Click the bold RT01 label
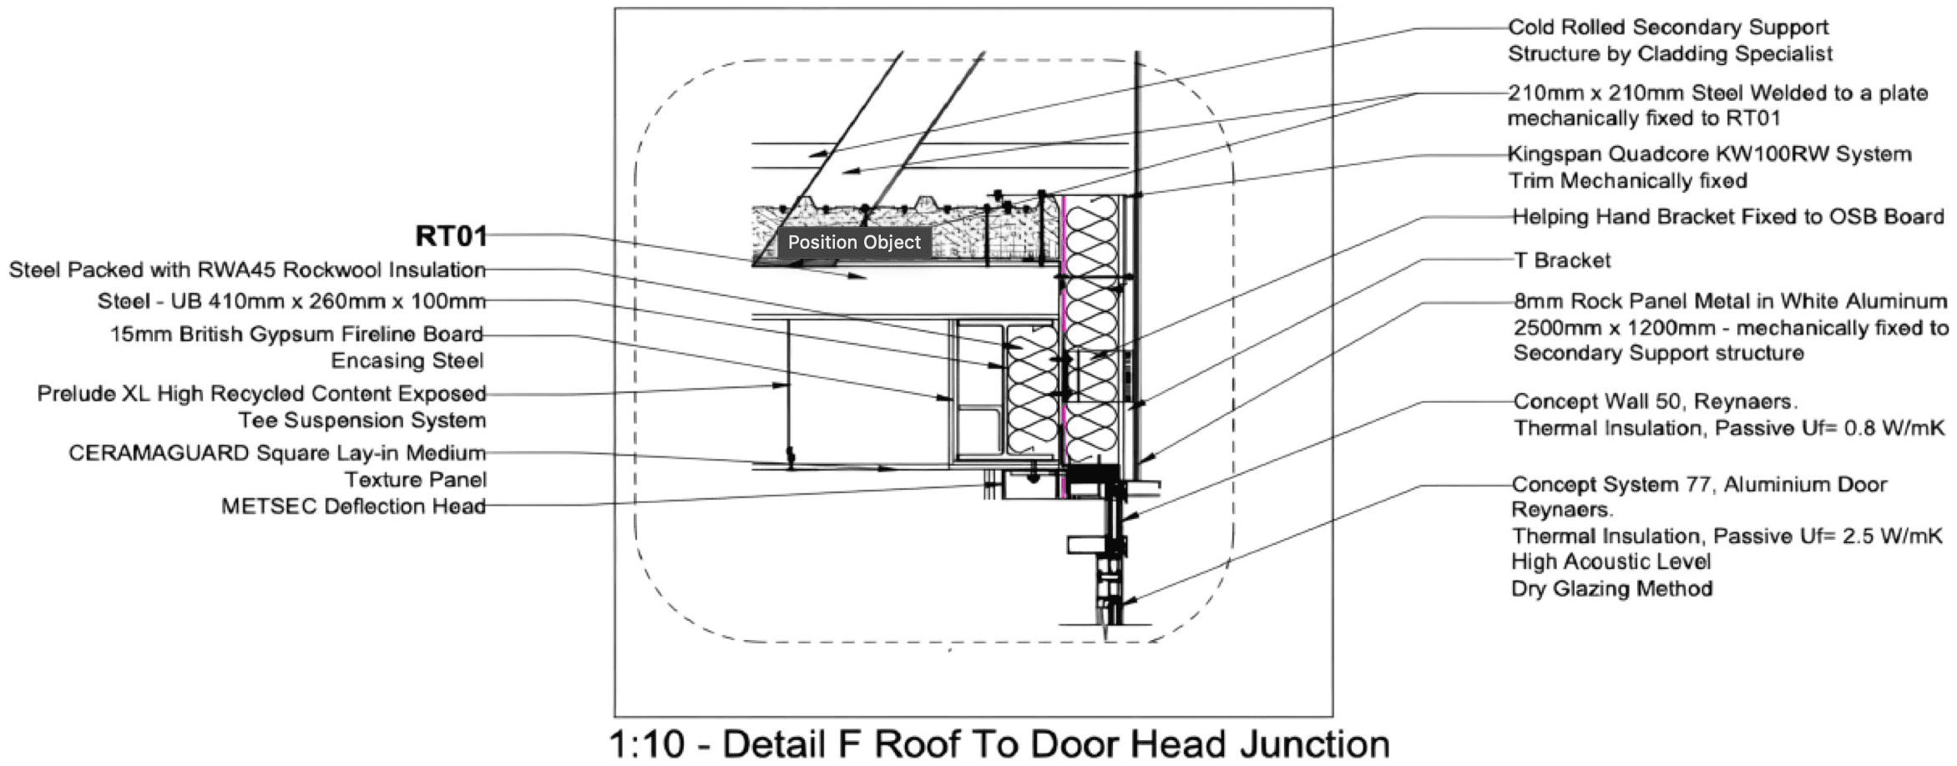pos(451,236)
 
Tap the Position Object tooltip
pos(853,243)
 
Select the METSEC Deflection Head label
pos(353,506)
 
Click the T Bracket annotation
pos(1562,261)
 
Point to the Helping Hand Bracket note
pos(1727,217)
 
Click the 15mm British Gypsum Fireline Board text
pos(296,335)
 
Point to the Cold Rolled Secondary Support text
pos(1667,28)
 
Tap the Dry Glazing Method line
pos(1611,589)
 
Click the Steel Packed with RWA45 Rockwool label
pos(247,270)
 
